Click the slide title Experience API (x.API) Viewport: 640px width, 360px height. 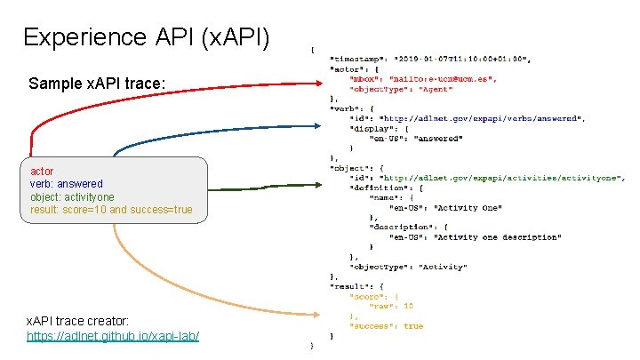pyautogui.click(x=147, y=37)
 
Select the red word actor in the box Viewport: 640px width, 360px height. pyautogui.click(x=42, y=171)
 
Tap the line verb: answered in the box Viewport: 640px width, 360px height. pyautogui.click(x=66, y=184)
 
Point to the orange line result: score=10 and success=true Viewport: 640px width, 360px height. pyautogui.click(x=111, y=210)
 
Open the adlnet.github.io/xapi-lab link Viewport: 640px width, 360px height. pyautogui.click(x=112, y=336)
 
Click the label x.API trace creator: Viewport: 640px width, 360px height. pyautogui.click(x=77, y=319)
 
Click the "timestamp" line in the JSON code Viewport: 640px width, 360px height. pyautogui.click(x=430, y=59)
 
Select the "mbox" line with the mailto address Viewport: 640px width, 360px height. pyautogui.click(x=423, y=79)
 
